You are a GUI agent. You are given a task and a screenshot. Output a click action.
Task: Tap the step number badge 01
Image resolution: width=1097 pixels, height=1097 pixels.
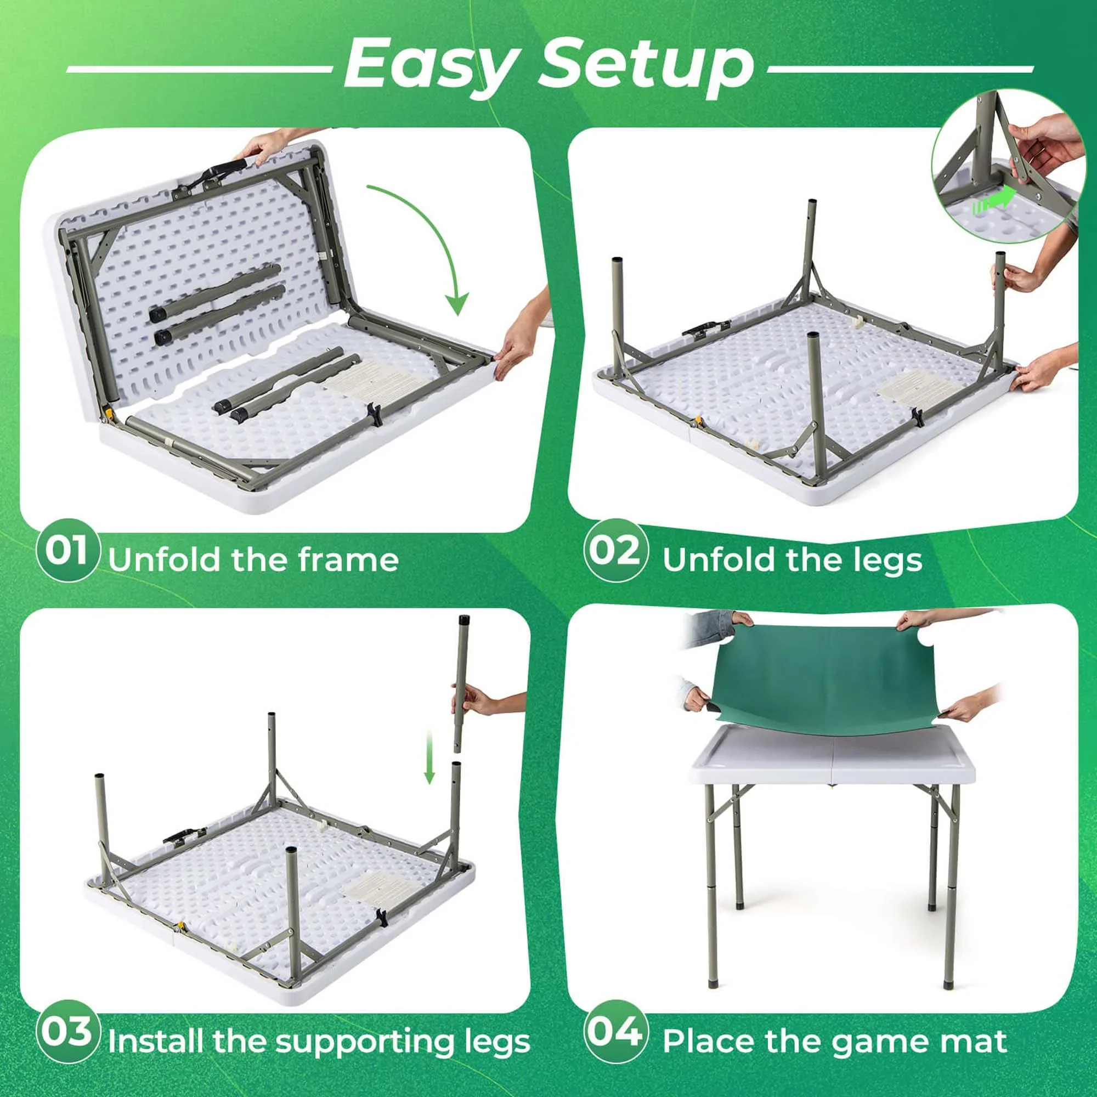click(x=67, y=550)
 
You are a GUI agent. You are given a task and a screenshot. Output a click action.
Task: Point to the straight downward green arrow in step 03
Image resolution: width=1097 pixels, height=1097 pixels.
click(x=429, y=757)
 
